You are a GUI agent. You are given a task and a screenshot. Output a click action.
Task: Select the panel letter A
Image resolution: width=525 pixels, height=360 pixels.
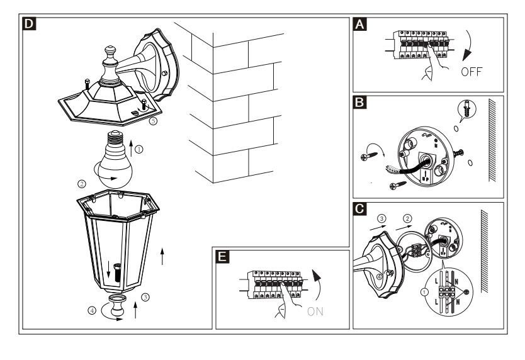pyautogui.click(x=359, y=25)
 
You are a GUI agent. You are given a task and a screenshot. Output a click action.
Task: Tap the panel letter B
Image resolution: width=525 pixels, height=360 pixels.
pyautogui.click(x=359, y=102)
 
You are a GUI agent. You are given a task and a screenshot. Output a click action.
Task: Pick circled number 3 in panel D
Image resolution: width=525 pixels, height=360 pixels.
pyautogui.click(x=145, y=297)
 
